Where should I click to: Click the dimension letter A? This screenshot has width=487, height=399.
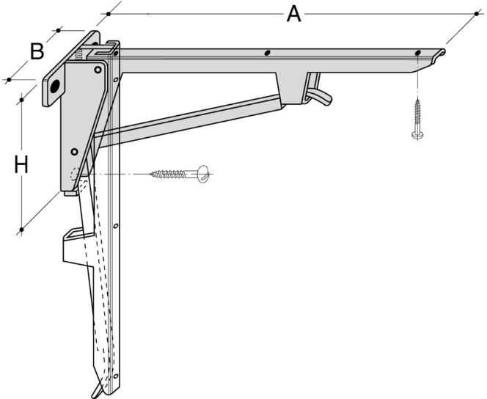293,13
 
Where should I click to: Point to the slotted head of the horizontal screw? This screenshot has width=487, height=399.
203,174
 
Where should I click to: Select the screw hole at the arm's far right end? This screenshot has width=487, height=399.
417,54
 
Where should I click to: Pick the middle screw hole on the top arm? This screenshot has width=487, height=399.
268,53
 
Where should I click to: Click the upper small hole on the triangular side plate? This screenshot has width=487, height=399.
97,70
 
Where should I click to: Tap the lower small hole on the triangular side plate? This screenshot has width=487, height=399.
74,152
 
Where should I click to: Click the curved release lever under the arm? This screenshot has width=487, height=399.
320,93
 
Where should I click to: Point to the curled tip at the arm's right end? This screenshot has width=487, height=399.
441,54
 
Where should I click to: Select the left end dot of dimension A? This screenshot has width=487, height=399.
109,13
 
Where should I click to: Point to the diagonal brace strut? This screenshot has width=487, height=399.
191,119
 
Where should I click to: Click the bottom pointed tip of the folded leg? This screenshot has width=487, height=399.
95,395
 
